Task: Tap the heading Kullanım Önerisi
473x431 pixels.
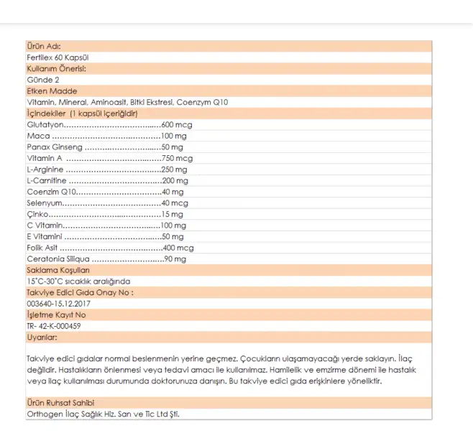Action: point(56,68)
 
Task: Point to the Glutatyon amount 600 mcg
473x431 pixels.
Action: point(177,124)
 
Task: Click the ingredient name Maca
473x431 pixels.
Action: point(37,136)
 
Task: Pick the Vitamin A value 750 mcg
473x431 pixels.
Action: point(178,158)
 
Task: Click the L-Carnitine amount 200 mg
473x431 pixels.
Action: point(175,180)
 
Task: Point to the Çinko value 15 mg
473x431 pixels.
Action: point(173,214)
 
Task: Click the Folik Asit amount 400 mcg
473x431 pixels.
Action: point(178,247)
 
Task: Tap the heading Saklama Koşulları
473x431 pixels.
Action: point(58,270)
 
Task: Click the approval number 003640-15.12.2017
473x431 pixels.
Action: point(58,303)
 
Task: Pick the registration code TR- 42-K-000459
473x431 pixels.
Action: point(54,325)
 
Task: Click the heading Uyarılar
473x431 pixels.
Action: point(42,336)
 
